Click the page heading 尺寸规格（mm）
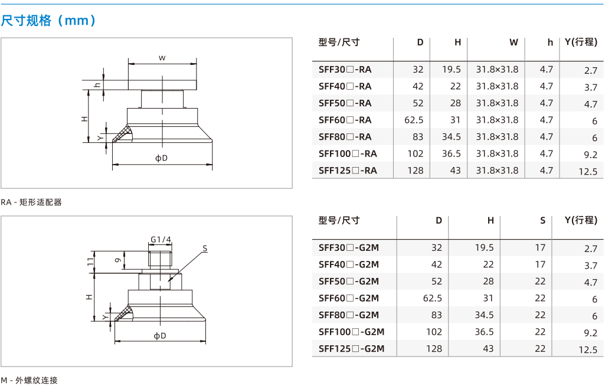(48, 21)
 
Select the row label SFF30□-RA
(345, 70)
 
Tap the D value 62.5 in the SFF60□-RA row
(414, 120)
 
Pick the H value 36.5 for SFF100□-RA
(452, 153)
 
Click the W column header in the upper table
(514, 42)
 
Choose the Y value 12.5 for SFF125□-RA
(588, 172)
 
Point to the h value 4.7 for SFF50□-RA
(547, 103)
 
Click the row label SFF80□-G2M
(349, 315)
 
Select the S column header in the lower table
(543, 220)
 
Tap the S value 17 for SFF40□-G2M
(540, 264)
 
